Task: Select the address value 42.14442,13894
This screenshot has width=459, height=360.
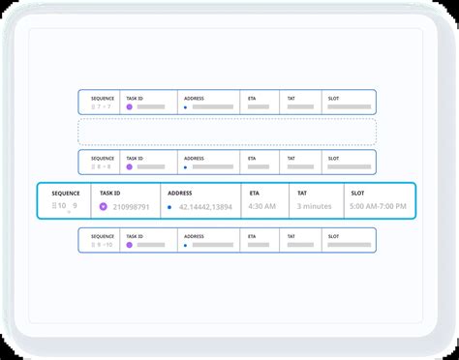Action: pos(207,206)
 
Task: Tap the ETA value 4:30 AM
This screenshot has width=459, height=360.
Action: pos(262,206)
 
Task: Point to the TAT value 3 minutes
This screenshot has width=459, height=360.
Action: pos(315,206)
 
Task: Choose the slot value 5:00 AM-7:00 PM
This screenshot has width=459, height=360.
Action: pos(378,206)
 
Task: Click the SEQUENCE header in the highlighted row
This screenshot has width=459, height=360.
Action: pos(66,193)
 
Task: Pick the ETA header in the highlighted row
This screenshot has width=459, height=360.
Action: pos(254,193)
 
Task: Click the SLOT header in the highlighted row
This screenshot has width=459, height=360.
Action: pos(358,193)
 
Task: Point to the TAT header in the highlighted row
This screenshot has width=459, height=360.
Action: pos(302,193)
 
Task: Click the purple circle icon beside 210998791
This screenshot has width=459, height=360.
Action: pos(105,206)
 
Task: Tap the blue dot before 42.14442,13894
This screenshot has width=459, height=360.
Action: pos(169,207)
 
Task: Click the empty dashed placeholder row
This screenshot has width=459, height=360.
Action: pos(227,133)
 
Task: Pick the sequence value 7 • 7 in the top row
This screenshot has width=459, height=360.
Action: pos(102,106)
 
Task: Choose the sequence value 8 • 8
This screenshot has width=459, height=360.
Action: pos(102,166)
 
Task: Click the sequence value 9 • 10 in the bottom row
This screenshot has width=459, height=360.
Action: pos(102,244)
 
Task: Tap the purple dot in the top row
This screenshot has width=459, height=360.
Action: pos(129,106)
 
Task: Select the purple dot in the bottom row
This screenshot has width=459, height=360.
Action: pos(129,244)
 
